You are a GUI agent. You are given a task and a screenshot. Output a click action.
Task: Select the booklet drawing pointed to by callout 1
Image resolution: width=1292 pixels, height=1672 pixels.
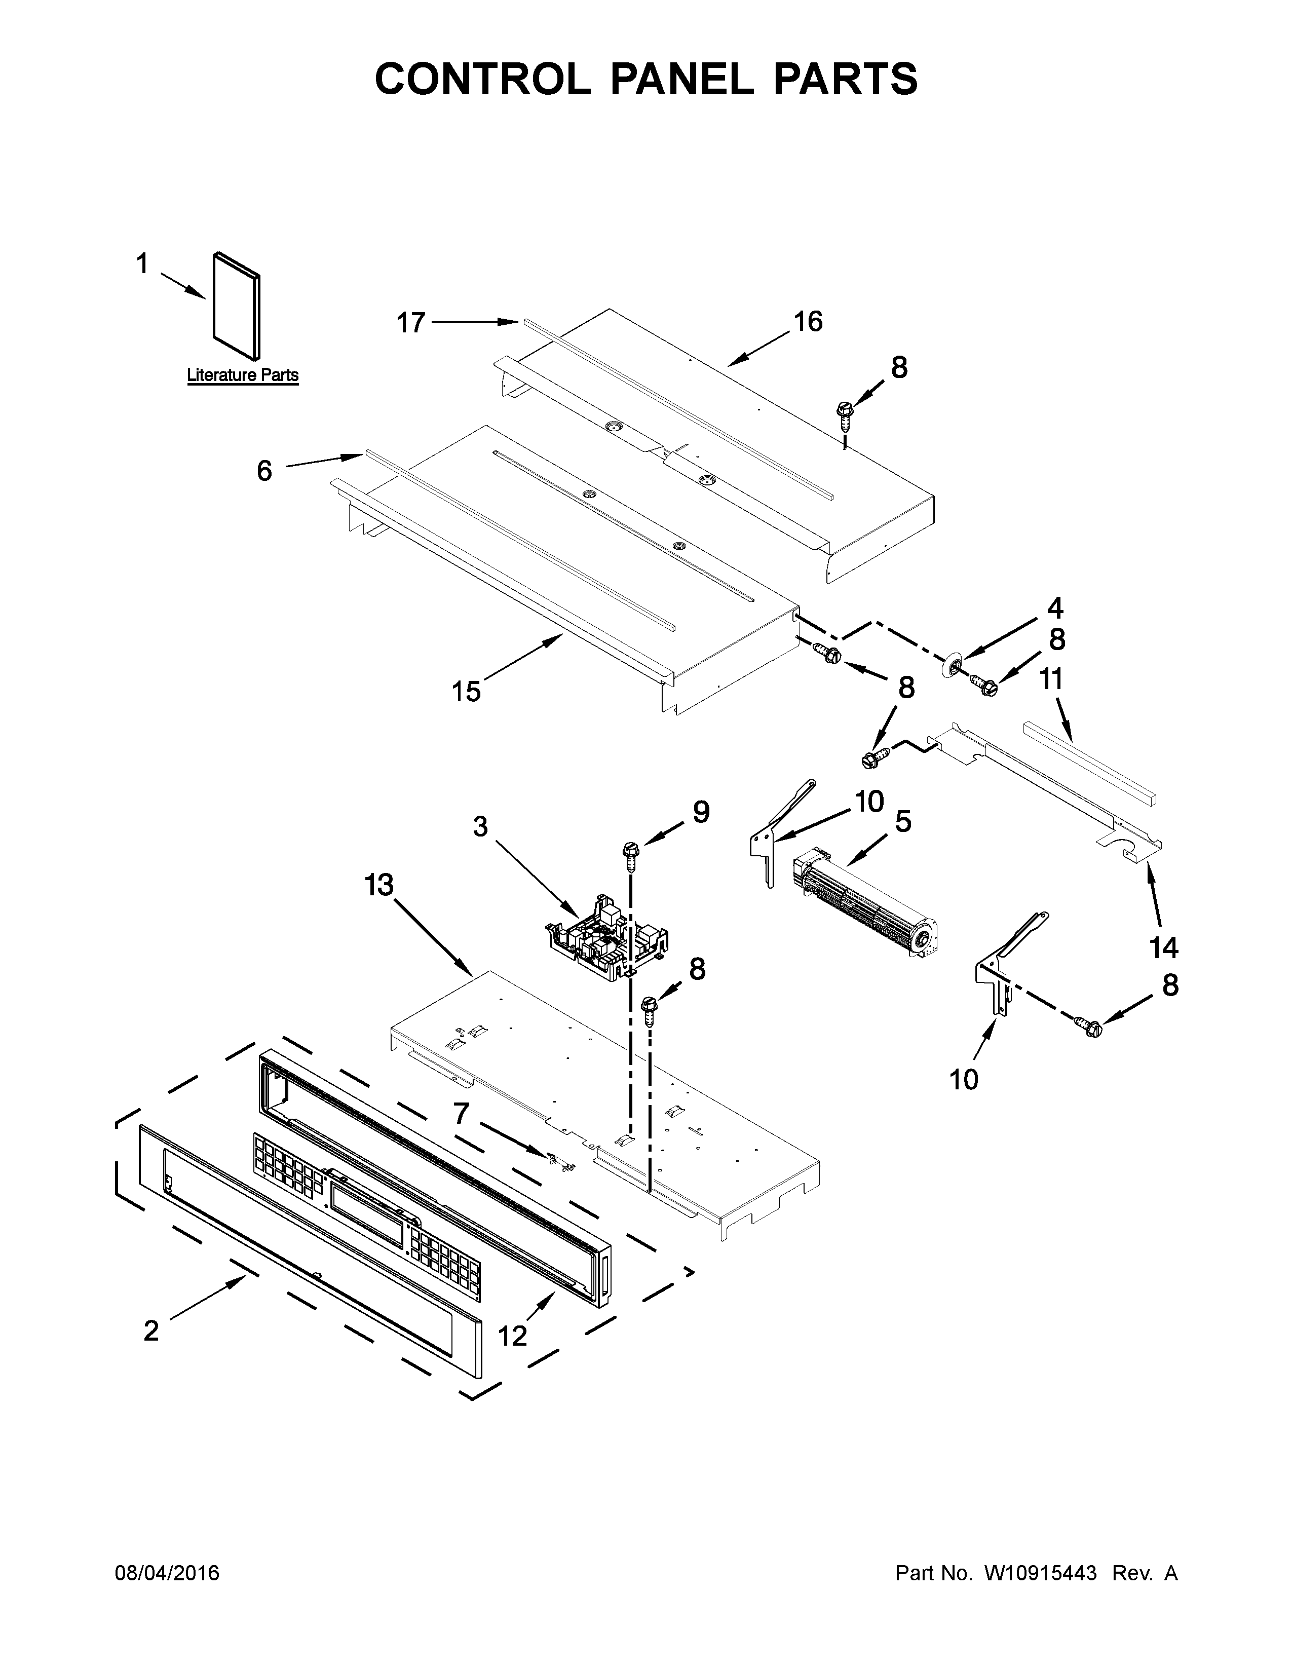click(236, 305)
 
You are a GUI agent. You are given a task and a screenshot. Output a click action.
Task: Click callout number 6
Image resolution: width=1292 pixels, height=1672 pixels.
click(264, 471)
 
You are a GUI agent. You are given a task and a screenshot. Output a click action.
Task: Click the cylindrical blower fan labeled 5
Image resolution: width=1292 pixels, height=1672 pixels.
click(865, 898)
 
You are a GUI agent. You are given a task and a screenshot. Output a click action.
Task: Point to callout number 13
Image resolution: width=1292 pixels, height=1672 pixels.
click(379, 885)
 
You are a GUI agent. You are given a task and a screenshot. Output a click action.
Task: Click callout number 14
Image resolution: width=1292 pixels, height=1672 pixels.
click(1163, 948)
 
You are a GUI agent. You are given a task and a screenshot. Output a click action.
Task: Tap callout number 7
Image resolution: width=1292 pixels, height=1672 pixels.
click(460, 1112)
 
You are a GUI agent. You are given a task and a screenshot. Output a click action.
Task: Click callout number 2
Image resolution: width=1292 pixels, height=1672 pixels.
click(151, 1331)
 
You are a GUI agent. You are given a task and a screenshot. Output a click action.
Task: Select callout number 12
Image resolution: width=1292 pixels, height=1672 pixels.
click(513, 1336)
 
